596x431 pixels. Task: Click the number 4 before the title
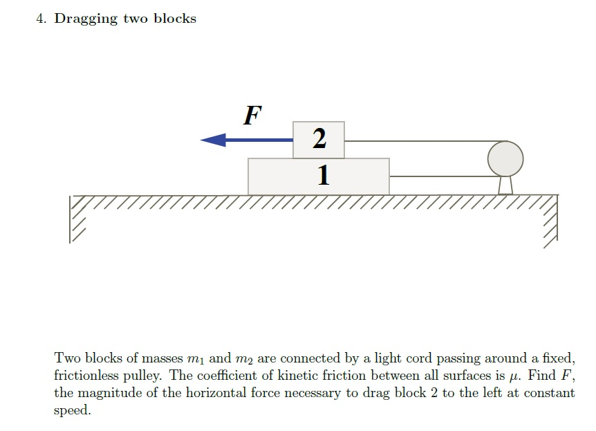coord(41,19)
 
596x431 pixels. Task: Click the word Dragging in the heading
coord(86,19)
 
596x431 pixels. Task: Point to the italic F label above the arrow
coord(252,115)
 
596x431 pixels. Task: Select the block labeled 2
coord(318,139)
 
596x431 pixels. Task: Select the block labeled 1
coord(318,176)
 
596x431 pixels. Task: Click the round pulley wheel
coord(505,158)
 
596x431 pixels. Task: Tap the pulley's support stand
coord(505,185)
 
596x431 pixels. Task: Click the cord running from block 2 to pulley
coord(415,140)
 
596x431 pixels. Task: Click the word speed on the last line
coord(73,410)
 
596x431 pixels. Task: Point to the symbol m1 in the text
coord(194,359)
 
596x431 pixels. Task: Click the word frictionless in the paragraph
coord(86,376)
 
